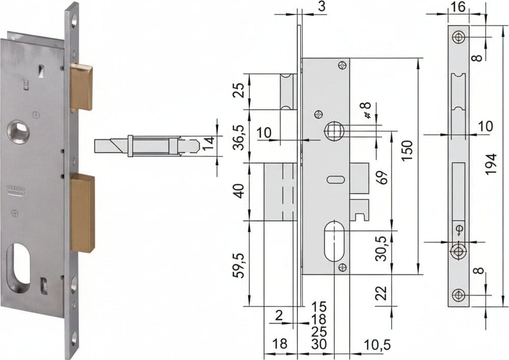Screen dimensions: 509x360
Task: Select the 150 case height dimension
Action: pyautogui.click(x=407, y=150)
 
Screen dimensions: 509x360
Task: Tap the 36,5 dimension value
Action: pyautogui.click(x=240, y=136)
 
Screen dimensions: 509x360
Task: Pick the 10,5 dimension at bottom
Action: pyautogui.click(x=376, y=345)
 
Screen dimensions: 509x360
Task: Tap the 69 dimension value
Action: pyautogui.click(x=384, y=177)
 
